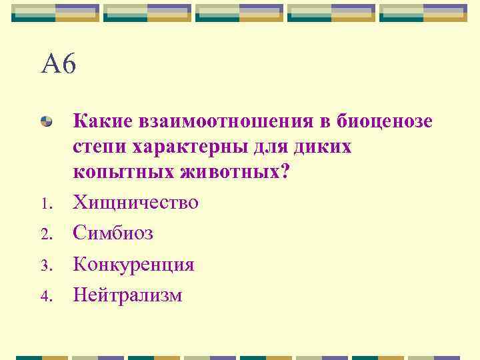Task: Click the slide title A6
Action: [59, 64]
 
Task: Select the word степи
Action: [100, 147]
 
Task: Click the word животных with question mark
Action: [234, 173]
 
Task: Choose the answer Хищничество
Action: [135, 201]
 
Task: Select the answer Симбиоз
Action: [113, 233]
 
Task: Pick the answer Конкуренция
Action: [133, 264]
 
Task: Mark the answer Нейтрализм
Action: [127, 294]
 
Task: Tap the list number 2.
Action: [45, 235]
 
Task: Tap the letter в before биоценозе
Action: [322, 122]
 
